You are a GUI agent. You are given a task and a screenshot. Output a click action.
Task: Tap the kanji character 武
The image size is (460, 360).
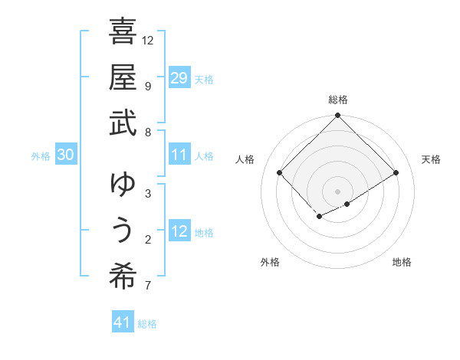(123, 123)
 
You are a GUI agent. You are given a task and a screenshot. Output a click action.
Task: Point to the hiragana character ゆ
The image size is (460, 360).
(123, 185)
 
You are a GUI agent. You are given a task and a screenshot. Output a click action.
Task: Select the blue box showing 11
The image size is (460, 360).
(179, 155)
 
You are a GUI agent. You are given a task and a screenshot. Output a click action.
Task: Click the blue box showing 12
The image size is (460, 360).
(179, 231)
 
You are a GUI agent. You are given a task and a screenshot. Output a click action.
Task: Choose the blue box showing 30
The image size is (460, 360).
(65, 155)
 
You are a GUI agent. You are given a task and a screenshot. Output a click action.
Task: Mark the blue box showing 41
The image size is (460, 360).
(123, 322)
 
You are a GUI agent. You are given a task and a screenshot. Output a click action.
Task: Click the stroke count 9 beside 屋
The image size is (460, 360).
(148, 86)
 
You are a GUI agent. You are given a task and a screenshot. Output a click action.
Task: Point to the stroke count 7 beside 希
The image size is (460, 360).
(148, 286)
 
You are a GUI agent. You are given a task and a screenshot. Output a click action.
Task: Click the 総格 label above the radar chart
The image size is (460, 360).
(338, 100)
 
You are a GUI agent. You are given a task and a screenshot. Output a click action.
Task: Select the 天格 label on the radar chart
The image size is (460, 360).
(431, 159)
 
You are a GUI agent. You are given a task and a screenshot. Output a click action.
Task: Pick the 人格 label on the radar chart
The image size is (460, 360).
(245, 159)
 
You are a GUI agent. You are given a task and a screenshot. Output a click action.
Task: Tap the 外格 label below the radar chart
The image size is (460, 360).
(270, 262)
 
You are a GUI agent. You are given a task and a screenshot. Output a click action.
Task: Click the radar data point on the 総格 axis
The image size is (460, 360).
(338, 116)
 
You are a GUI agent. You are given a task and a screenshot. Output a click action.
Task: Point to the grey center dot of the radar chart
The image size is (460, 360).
(338, 191)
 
